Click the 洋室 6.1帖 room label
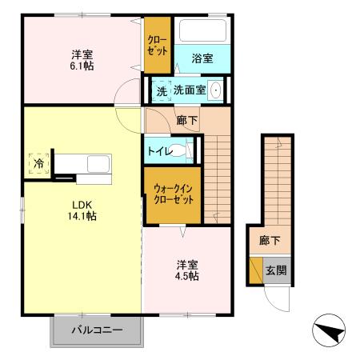[82, 60]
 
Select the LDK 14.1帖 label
[82, 210]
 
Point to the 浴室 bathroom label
[202, 58]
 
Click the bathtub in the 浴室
[204, 32]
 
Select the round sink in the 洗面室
[216, 91]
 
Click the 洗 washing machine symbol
[162, 91]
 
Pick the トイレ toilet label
[161, 150]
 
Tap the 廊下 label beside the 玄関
[269, 239]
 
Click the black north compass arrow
[327, 330]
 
